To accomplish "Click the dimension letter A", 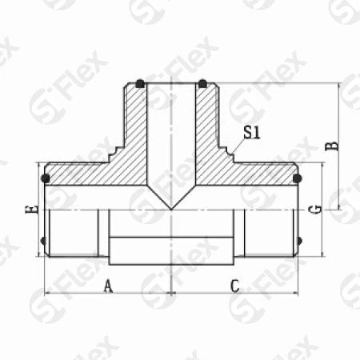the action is [x=108, y=286].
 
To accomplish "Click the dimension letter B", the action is [x=333, y=147].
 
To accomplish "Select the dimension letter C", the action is [x=234, y=286].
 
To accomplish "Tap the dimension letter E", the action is [x=32, y=210].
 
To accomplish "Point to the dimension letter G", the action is [x=315, y=210].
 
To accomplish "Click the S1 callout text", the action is [x=251, y=133].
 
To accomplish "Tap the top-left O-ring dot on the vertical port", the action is [x=140, y=84].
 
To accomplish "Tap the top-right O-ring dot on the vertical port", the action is [x=202, y=84].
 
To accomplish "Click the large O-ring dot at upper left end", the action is [x=46, y=178].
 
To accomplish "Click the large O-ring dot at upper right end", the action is [x=297, y=178].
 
